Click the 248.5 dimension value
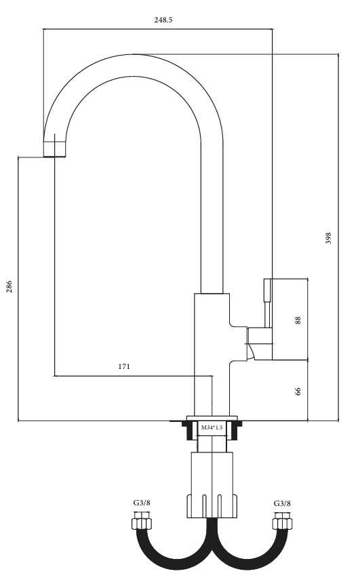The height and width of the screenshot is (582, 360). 163,20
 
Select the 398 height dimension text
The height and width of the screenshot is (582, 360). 328,238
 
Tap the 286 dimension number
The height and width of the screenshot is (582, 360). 9,286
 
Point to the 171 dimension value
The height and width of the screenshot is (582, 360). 124,366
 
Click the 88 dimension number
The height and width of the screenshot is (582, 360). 298,320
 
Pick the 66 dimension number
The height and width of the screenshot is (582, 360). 298,391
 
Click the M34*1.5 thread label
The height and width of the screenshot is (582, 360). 212,427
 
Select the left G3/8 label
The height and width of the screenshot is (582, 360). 142,503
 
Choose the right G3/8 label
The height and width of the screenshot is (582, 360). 283,503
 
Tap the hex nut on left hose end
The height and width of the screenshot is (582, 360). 142,524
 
